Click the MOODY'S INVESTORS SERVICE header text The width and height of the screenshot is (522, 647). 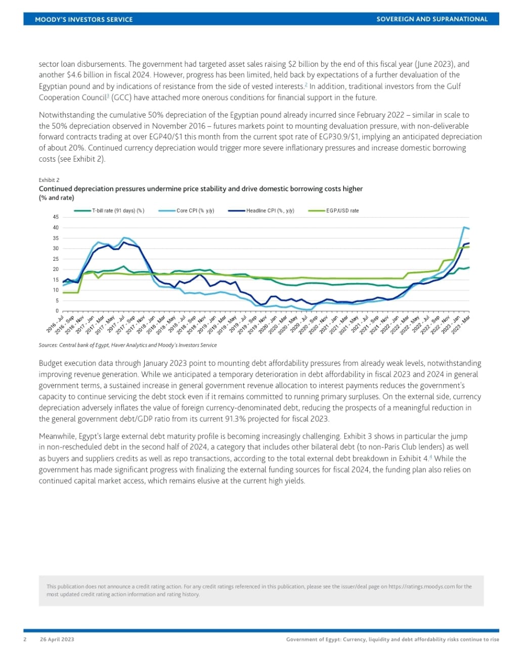pyautogui.click(x=83, y=19)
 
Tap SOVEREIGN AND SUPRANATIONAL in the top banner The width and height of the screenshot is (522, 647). pyautogui.click(x=432, y=19)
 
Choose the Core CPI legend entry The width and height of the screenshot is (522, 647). pyautogui.click(x=195, y=211)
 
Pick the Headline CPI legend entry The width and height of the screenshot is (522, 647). pyautogui.click(x=270, y=211)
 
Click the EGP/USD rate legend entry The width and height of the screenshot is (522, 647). pyautogui.click(x=342, y=211)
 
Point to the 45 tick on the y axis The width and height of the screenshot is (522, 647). pyautogui.click(x=56, y=217)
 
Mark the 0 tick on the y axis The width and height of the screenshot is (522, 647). pyautogui.click(x=57, y=311)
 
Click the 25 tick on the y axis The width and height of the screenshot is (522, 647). pyautogui.click(x=56, y=259)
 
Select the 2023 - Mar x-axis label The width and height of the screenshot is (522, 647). pyautogui.click(x=460, y=324)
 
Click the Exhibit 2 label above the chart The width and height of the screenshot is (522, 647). pyautogui.click(x=49, y=180)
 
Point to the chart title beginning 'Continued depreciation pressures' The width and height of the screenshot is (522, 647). pyautogui.click(x=201, y=189)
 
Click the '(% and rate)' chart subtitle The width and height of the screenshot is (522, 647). pyautogui.click(x=56, y=198)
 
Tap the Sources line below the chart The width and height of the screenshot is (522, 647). pyautogui.click(x=127, y=345)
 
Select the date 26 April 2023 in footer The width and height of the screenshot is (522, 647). pyautogui.click(x=57, y=639)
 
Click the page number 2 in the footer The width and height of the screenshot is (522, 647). pyautogui.click(x=25, y=639)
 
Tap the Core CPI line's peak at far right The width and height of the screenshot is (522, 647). pyautogui.click(x=464, y=227)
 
